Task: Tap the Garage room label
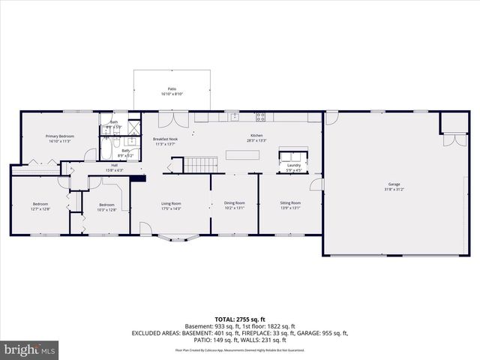click(394, 184)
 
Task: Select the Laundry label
click(293, 165)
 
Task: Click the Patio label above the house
click(172, 88)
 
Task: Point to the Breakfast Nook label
click(165, 139)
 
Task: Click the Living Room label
click(172, 203)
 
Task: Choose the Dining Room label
click(234, 203)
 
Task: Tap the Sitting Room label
click(290, 203)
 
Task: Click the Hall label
click(114, 165)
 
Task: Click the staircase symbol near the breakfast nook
click(201, 163)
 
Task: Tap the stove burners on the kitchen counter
click(261, 117)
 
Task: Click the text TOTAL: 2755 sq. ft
click(239, 319)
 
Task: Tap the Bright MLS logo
click(30, 349)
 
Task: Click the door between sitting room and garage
click(316, 184)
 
